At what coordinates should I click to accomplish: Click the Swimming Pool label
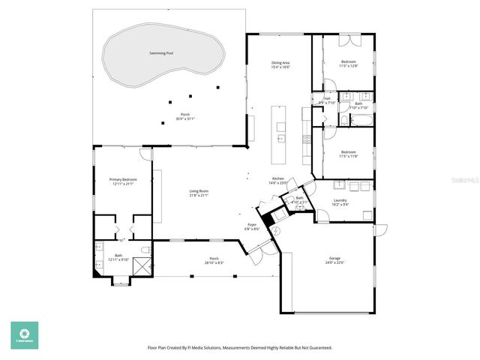coord(160,54)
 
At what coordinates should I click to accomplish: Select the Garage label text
coord(334,258)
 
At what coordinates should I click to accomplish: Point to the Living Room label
coord(199,191)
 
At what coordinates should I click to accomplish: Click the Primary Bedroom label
coord(123,179)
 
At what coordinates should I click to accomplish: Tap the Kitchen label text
coord(277,179)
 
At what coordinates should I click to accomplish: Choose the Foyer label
coord(252,224)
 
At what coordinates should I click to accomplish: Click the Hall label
coord(327,98)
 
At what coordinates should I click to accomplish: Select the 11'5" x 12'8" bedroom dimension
coord(349,66)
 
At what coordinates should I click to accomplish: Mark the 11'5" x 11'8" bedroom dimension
coord(349,156)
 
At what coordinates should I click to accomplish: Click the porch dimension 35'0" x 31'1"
coord(185,119)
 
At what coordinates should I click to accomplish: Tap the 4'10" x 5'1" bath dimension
coord(299,202)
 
